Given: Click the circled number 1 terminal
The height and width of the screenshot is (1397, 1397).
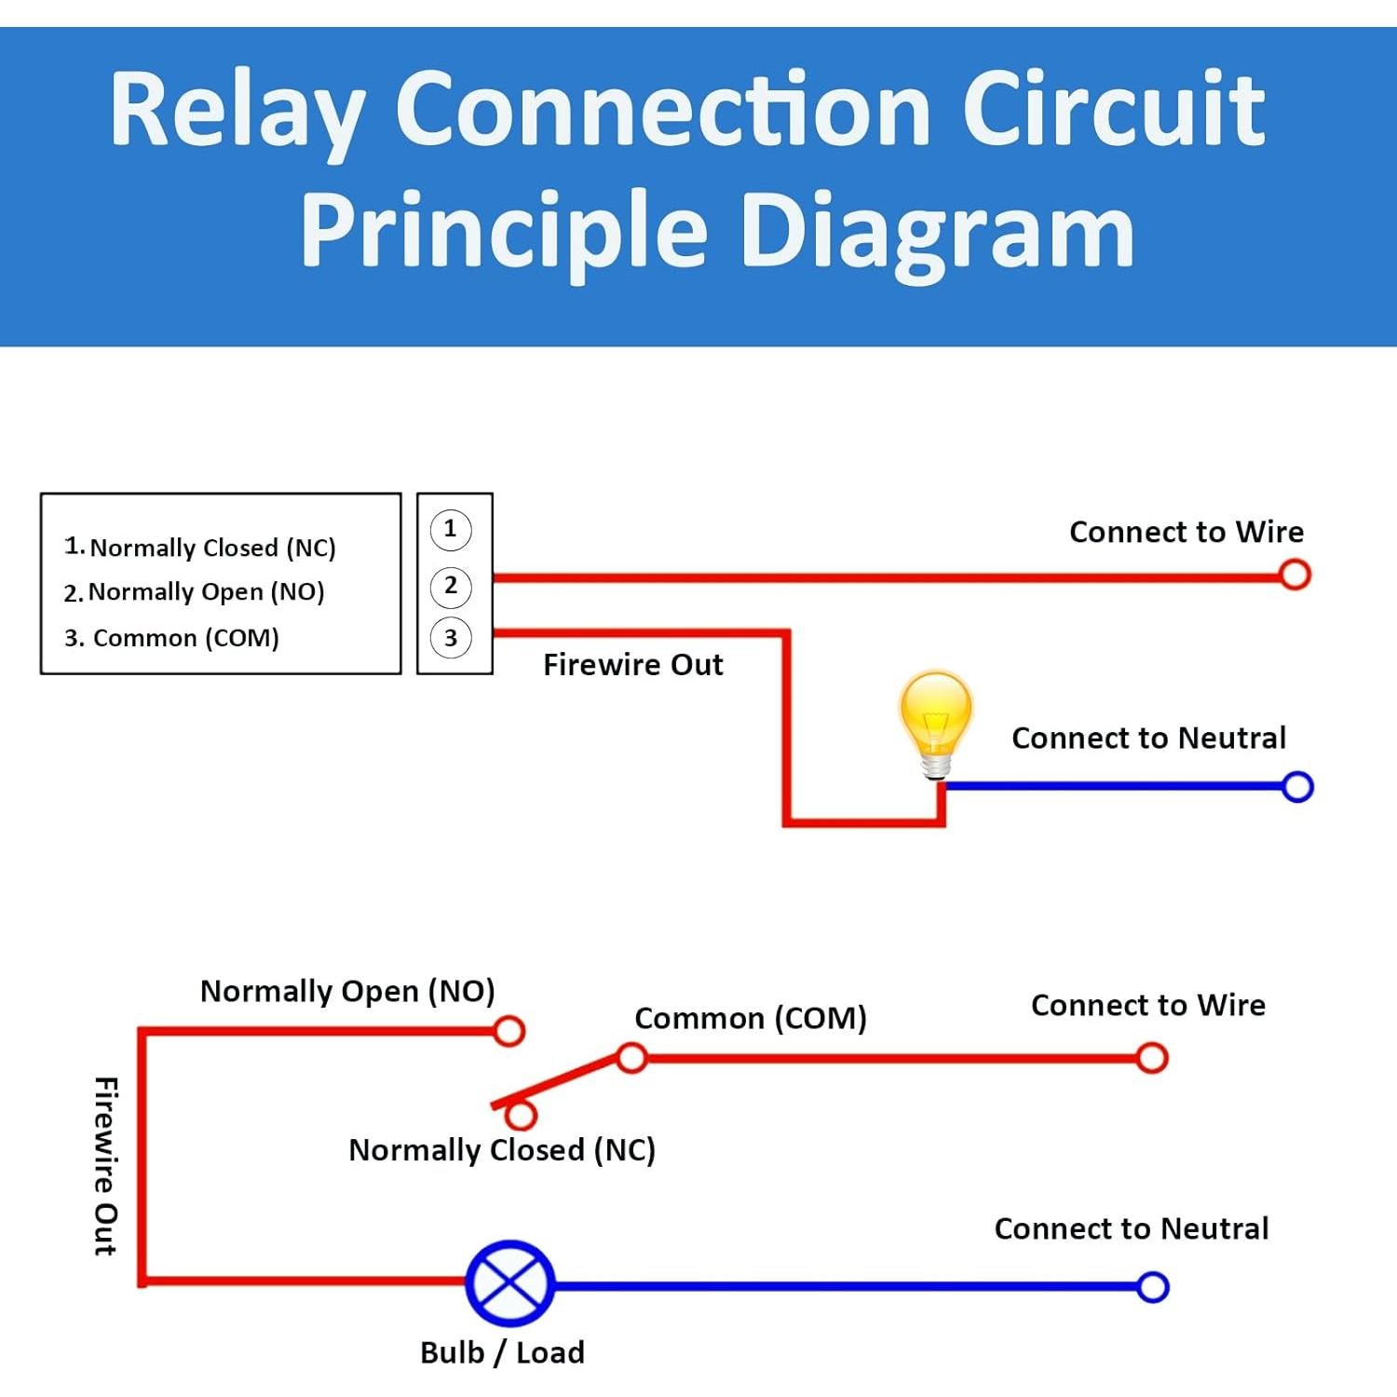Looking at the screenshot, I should pyautogui.click(x=451, y=529).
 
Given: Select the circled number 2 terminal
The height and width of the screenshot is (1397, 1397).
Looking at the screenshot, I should pyautogui.click(x=451, y=586).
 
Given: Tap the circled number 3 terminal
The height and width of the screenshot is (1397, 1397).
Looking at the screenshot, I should pyautogui.click(x=451, y=638).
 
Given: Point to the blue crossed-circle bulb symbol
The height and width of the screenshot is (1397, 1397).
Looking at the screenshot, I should pyautogui.click(x=509, y=1283).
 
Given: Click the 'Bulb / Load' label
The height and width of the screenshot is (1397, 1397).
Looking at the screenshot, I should pyautogui.click(x=502, y=1352).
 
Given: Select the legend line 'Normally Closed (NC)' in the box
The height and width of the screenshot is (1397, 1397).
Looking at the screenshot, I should pyautogui.click(x=200, y=548).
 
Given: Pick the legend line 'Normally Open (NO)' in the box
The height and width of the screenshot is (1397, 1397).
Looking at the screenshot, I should pyautogui.click(x=195, y=592).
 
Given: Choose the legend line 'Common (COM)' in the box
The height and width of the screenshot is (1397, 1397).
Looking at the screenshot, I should pyautogui.click(x=172, y=638).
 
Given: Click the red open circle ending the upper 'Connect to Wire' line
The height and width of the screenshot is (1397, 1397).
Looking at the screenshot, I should pyautogui.click(x=1295, y=575).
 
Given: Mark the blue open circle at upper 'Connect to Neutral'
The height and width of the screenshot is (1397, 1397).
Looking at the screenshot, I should pyautogui.click(x=1297, y=787).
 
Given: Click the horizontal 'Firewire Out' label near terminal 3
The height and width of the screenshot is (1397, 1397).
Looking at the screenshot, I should pyautogui.click(x=632, y=665).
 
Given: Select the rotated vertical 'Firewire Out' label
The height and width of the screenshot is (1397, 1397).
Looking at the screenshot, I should pyautogui.click(x=106, y=1167).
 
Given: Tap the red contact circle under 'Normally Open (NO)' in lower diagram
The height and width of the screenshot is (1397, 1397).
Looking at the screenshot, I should pyautogui.click(x=509, y=1031).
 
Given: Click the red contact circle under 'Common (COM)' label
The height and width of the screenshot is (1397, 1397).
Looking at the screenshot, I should pyautogui.click(x=632, y=1058).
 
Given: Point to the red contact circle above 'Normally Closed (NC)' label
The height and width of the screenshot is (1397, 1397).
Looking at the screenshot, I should pyautogui.click(x=522, y=1115).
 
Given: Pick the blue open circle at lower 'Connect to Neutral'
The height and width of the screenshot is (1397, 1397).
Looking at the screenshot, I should pyautogui.click(x=1153, y=1287).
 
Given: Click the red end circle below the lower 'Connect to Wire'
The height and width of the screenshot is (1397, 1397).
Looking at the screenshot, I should pyautogui.click(x=1152, y=1058).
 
